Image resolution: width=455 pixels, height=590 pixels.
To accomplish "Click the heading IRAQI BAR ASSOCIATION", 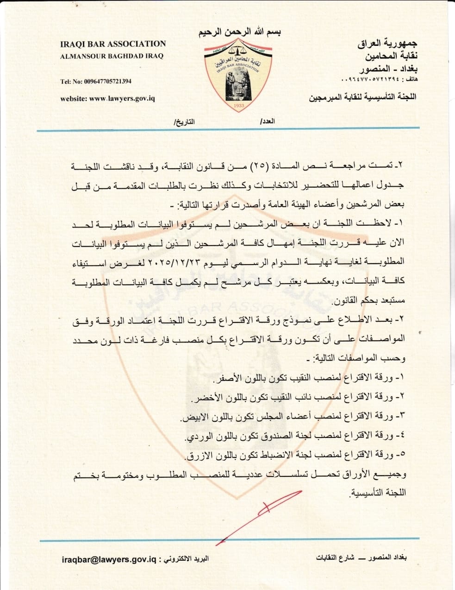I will pyautogui.click(x=113, y=44).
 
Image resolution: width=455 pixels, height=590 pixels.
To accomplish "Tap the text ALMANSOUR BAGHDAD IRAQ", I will pyautogui.click(x=112, y=56).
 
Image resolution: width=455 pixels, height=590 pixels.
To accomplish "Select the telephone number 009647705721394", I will pyautogui.click(x=107, y=82).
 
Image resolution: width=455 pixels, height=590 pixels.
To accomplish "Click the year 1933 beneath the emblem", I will pyautogui.click(x=239, y=106).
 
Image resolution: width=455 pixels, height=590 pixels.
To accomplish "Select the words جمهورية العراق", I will pyautogui.click(x=388, y=44).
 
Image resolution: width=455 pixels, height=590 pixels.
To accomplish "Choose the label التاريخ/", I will pyautogui.click(x=184, y=121).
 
